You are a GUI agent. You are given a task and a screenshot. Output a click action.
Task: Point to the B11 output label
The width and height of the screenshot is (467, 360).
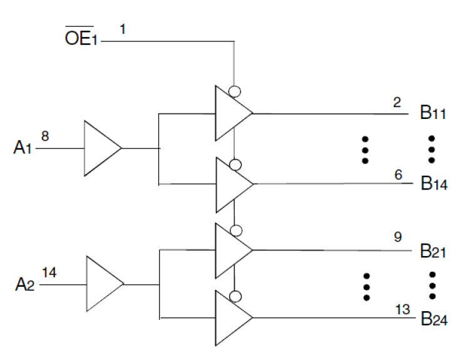tap(433, 114)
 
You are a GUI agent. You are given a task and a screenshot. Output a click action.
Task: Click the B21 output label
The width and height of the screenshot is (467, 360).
tap(434, 252)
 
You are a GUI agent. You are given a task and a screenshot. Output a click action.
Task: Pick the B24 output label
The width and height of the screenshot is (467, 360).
tap(434, 319)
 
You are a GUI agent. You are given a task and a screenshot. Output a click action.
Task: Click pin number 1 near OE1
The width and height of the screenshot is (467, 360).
tap(123, 28)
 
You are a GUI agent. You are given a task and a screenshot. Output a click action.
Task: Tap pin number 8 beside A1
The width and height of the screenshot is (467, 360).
tap(45, 135)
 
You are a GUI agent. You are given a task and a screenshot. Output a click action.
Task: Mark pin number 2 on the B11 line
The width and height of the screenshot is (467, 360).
tap(398, 102)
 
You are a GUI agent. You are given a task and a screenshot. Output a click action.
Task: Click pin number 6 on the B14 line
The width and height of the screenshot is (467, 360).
tap(398, 173)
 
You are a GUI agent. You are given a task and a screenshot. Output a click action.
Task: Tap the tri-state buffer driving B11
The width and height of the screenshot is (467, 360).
tap(230, 114)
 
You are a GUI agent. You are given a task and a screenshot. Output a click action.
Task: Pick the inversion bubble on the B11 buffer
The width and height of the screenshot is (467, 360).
tap(235, 91)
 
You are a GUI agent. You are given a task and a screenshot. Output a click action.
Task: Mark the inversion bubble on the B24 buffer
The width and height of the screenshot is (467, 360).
tap(235, 296)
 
